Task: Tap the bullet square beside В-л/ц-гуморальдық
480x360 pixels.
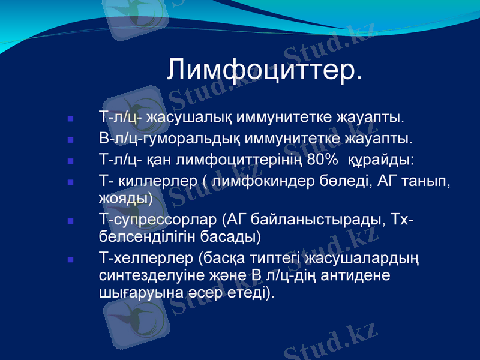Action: [x=71, y=140]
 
